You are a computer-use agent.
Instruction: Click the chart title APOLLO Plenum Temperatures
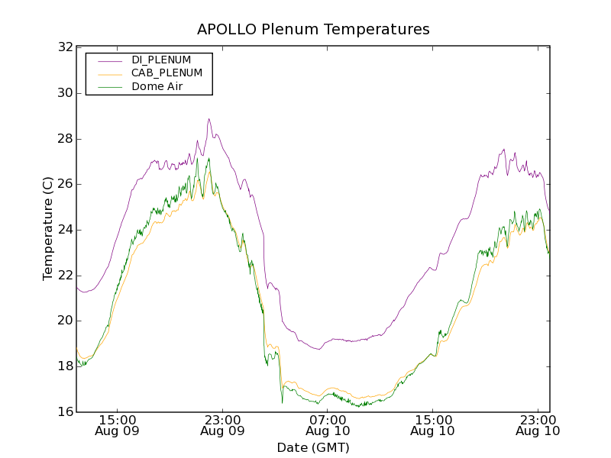[313, 30]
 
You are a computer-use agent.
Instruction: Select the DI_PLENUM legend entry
[161, 60]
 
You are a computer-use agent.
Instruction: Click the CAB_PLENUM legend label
[166, 73]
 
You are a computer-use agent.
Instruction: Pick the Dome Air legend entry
[157, 87]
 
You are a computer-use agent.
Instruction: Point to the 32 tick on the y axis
[65, 47]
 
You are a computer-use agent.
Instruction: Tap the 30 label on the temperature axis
[65, 93]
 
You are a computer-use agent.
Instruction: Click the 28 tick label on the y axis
[65, 139]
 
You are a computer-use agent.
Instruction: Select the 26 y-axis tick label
[65, 184]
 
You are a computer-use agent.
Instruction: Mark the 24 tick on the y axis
[65, 230]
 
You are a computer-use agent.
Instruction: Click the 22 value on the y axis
[65, 275]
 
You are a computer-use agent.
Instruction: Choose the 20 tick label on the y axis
[65, 321]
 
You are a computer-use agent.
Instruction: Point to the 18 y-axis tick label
[65, 366]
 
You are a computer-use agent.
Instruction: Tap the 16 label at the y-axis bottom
[65, 412]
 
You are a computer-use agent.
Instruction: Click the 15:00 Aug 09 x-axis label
[118, 425]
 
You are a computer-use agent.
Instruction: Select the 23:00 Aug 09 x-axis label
[222, 425]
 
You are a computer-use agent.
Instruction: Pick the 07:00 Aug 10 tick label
[328, 425]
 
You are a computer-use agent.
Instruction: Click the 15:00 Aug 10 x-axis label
[433, 425]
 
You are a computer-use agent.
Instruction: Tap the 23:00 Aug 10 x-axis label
[538, 425]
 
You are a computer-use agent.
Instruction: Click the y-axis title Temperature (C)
[48, 229]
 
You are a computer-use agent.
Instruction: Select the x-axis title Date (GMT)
[313, 447]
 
